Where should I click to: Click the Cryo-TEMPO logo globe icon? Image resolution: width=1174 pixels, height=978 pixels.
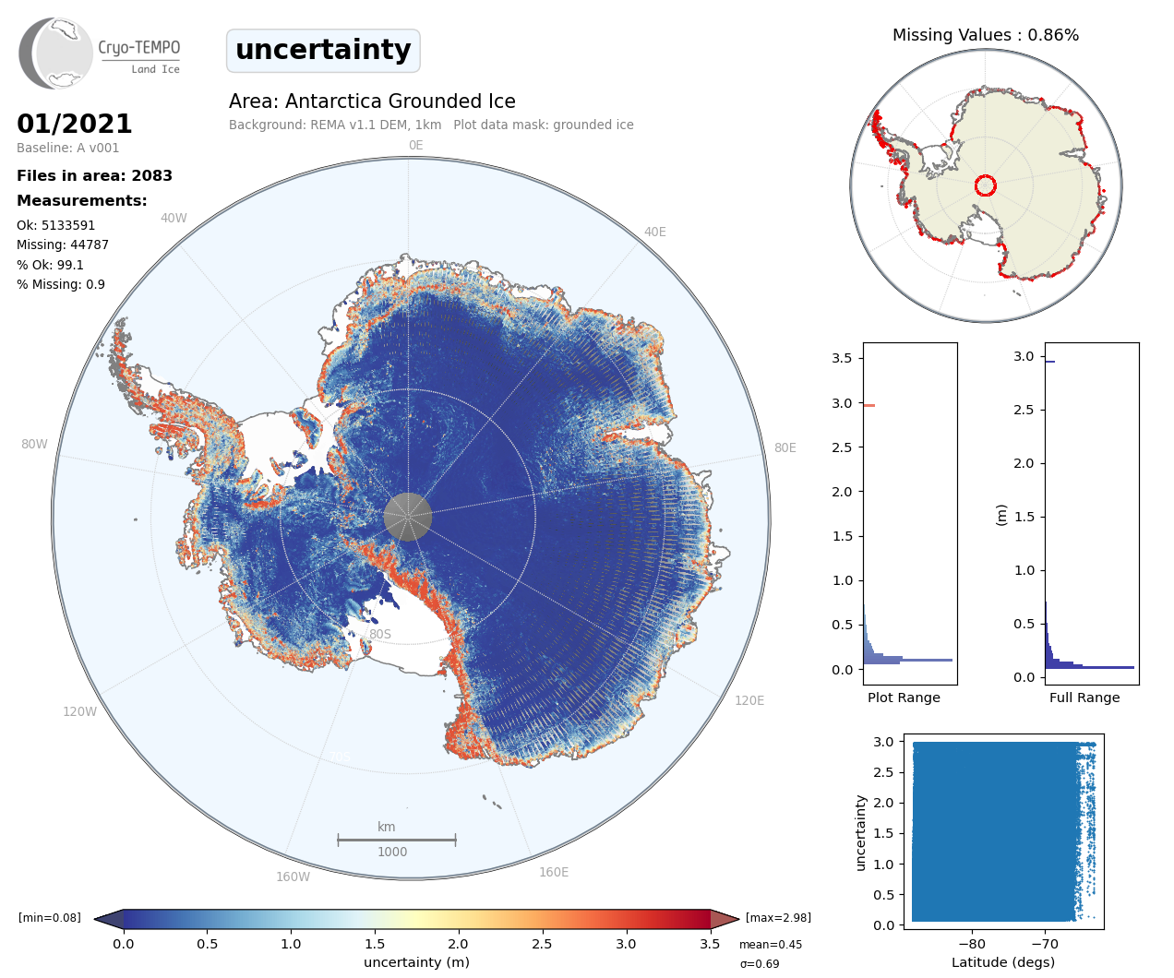click(x=56, y=54)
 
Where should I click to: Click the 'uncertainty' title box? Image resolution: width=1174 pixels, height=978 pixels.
click(x=323, y=50)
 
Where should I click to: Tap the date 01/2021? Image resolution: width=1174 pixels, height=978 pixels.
click(x=75, y=124)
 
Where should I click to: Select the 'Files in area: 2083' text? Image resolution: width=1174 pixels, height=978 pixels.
click(x=94, y=175)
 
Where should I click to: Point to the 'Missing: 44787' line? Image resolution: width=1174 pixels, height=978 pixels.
click(x=63, y=244)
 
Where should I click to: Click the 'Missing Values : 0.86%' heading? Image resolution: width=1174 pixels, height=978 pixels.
click(x=985, y=35)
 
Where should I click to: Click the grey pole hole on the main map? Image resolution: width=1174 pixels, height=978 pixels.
click(x=407, y=516)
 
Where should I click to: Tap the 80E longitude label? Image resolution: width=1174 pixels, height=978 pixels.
click(x=785, y=447)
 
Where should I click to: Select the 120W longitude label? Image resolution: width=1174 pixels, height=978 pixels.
click(x=79, y=711)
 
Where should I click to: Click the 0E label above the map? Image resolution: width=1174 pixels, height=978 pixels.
click(x=415, y=145)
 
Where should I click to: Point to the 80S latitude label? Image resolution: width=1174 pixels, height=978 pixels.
click(x=380, y=634)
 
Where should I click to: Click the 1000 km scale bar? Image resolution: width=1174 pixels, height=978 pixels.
click(x=397, y=840)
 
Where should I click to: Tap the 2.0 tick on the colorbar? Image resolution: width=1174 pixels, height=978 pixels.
click(x=458, y=944)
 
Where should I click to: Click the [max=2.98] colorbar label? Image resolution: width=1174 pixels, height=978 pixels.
click(x=778, y=918)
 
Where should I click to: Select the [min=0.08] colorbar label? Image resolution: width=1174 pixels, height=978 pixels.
click(x=50, y=918)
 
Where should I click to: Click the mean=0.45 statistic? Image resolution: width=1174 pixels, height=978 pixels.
click(x=771, y=945)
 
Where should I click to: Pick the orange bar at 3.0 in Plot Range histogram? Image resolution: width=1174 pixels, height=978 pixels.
click(x=869, y=405)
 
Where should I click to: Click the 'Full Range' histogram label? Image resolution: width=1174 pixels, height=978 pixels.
click(x=1084, y=698)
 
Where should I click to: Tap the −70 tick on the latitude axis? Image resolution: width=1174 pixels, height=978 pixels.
click(x=1045, y=944)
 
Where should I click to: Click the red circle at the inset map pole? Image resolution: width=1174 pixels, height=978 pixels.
click(x=985, y=185)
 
